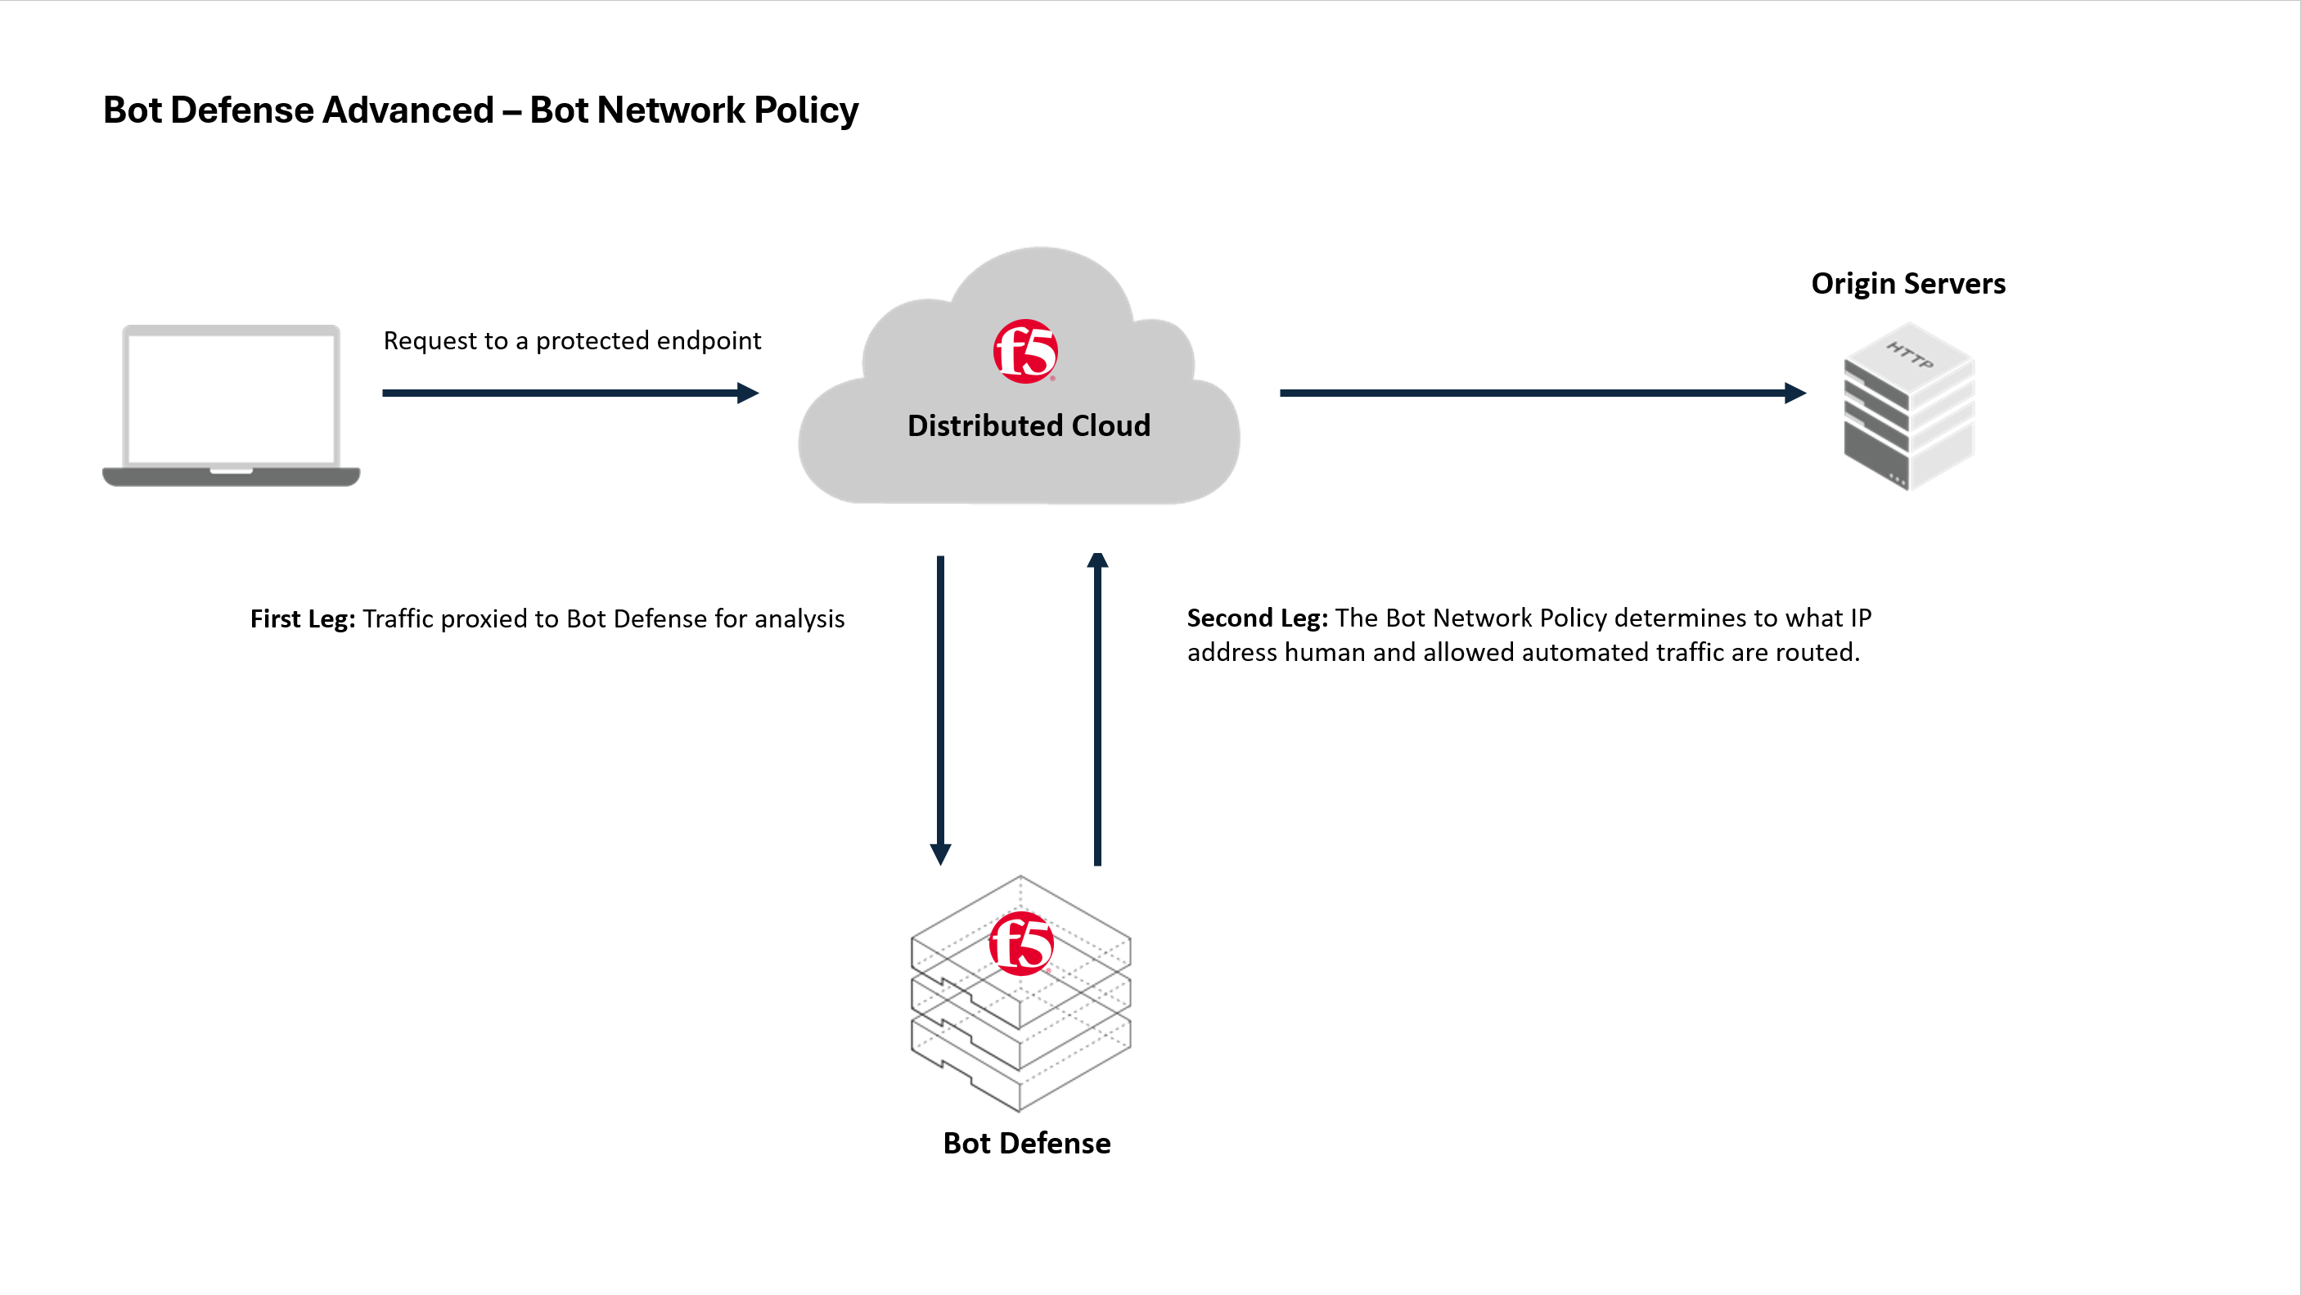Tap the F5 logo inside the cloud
coord(1025,351)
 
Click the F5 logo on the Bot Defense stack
coord(1021,943)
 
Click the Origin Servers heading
coord(1907,284)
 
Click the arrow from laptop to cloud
coord(569,393)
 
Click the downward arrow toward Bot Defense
coord(939,709)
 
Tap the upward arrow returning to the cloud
coord(1097,709)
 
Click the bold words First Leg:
coord(302,619)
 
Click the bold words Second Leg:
coord(1256,618)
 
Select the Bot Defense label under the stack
coord(1026,1143)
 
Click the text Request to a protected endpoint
coord(572,341)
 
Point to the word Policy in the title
coord(806,110)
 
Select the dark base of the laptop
coord(231,477)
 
